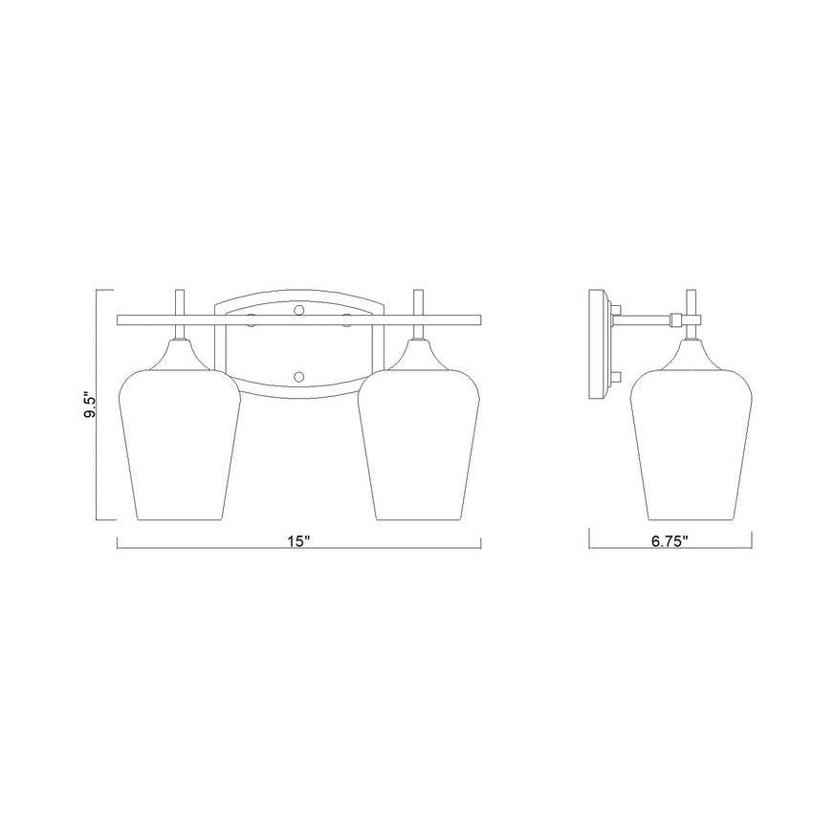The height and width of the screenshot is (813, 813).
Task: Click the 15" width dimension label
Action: (299, 541)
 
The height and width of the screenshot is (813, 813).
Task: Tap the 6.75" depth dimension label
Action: (670, 541)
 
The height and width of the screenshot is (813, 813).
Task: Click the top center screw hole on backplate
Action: (298, 310)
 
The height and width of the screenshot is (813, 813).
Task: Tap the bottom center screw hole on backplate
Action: (298, 375)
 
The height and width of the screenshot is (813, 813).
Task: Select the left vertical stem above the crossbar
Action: (179, 301)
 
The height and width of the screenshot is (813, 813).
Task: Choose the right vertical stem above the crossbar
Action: (417, 301)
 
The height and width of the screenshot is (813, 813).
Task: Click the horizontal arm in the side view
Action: (647, 319)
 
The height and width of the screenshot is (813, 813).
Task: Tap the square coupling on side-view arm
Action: (676, 319)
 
